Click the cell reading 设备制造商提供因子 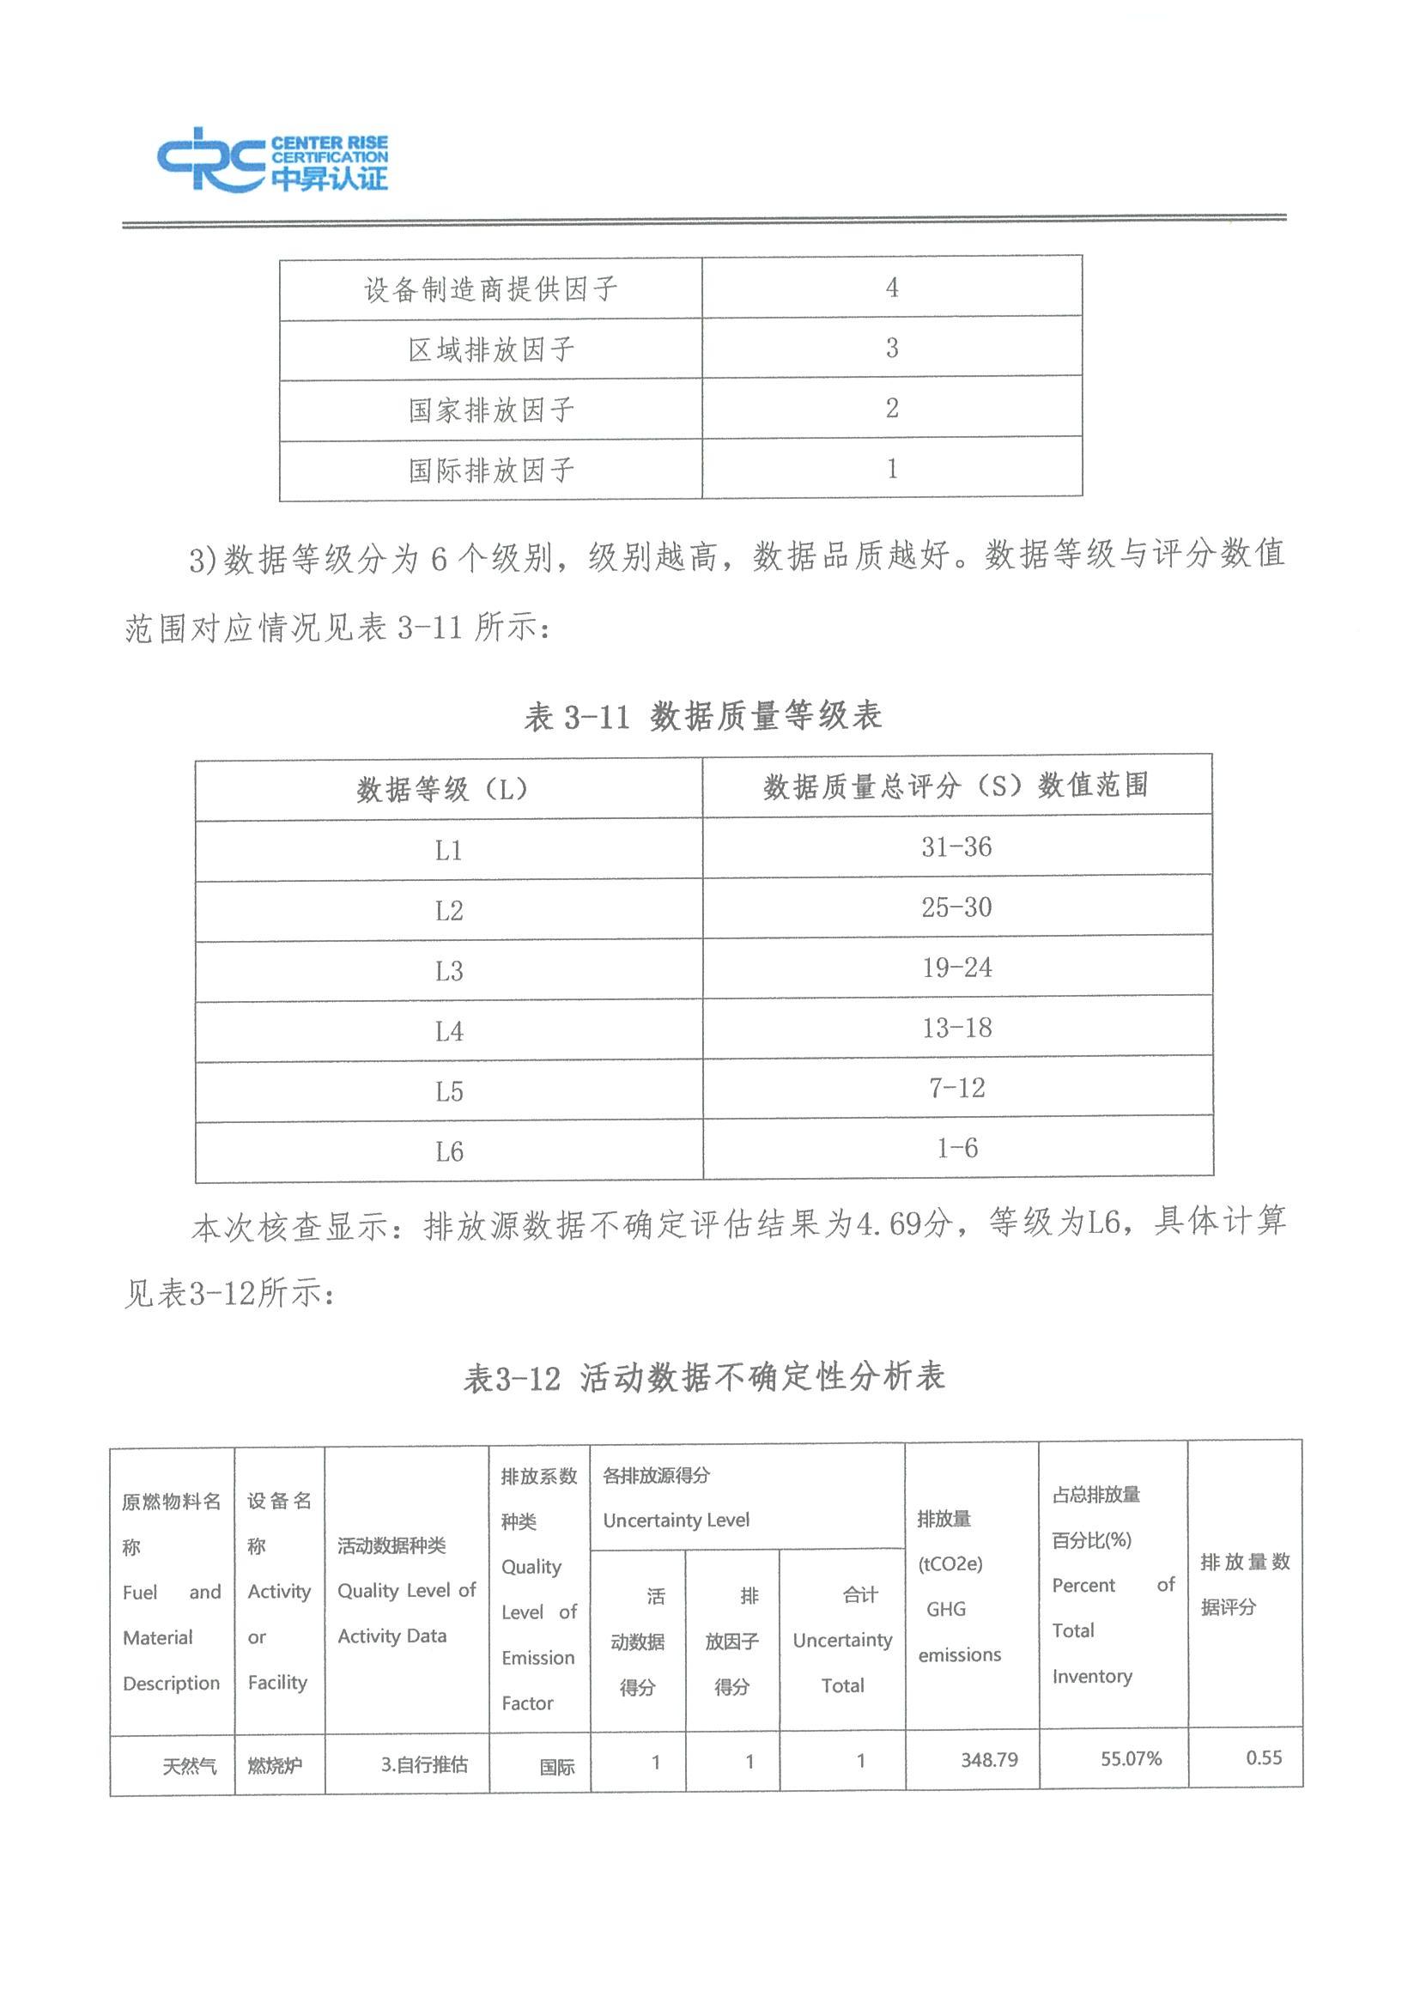491,288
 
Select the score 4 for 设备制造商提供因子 891,287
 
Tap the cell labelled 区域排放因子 491,350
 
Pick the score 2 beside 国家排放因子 891,408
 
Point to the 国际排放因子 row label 491,470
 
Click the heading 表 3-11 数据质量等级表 702,717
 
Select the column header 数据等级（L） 443,789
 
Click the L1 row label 448,851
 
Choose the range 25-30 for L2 956,907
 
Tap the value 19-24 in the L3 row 956,968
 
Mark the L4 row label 448,1032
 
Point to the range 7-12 956,1089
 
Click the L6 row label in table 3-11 448,1152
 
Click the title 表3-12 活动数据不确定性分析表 704,1378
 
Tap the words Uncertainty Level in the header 676,1520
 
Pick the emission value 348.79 989,1760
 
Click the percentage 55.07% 1131,1759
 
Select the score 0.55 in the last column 1264,1758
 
